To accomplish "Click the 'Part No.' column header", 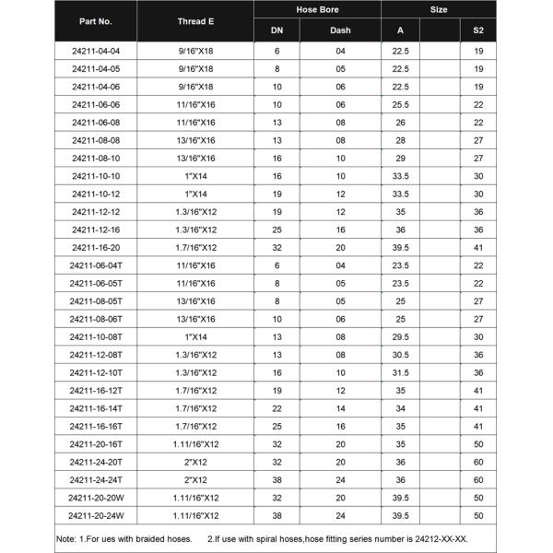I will pos(96,20).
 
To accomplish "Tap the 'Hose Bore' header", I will pos(317,9).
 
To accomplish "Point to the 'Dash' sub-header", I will pos(340,30).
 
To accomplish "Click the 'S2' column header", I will pos(478,30).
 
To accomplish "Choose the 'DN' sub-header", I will pos(276,30).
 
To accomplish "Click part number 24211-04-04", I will pos(96,53).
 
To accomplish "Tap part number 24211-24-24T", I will pos(96,479).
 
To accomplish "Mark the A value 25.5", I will pos(401,106).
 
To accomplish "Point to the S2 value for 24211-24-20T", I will pos(478,462).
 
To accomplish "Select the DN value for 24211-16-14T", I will pos(276,408).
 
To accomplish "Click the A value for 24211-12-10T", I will pos(401,372).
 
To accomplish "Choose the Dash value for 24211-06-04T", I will pos(340,265).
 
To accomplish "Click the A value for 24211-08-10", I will pos(401,159).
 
